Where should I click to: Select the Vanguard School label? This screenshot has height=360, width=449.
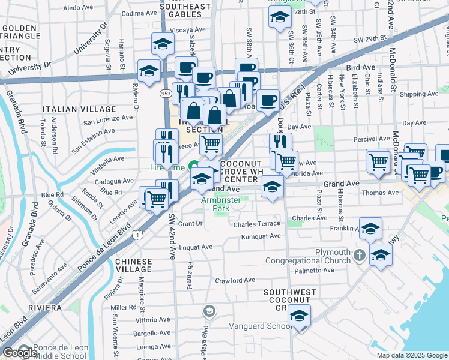[x=261, y=326]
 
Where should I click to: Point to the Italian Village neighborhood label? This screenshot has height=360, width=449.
[x=79, y=109]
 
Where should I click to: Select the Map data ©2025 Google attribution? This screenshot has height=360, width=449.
[x=411, y=355]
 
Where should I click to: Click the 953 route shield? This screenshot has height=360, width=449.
[x=166, y=94]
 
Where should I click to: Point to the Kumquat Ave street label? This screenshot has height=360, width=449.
[x=261, y=236]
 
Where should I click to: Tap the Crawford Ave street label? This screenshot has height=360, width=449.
[x=235, y=280]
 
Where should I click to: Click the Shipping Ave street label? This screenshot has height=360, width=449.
[x=419, y=94]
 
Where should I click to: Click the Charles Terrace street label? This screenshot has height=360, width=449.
[x=257, y=224]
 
